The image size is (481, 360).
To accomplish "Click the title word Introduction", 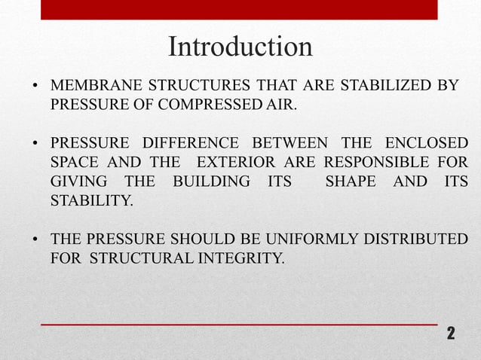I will [x=240, y=47].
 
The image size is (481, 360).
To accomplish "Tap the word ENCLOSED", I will [x=426, y=143].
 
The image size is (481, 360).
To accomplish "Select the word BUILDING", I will [x=211, y=182].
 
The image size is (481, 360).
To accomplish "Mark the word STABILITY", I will [x=90, y=202].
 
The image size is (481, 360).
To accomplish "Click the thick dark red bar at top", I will [x=239, y=10].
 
